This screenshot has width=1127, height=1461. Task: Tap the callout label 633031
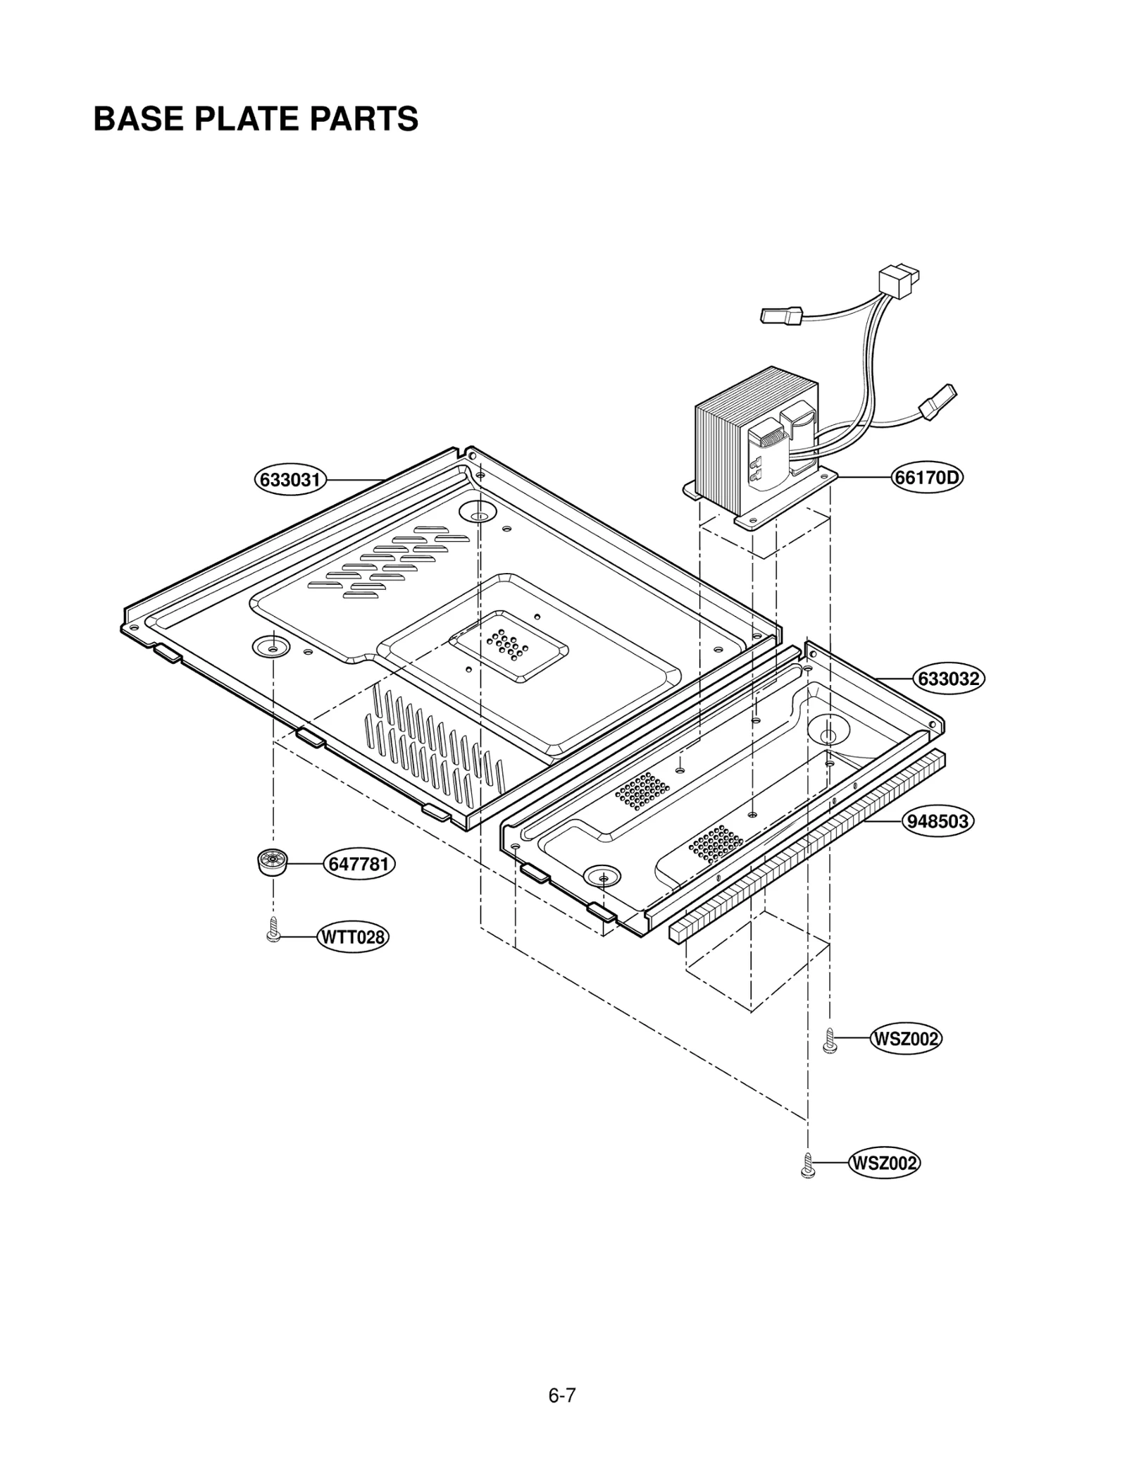click(x=290, y=480)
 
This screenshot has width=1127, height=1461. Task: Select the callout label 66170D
click(x=926, y=477)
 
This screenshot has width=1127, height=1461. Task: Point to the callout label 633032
click(x=949, y=678)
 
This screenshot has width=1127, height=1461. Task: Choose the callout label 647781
click(x=359, y=863)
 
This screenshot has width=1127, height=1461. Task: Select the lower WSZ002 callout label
click(x=885, y=1163)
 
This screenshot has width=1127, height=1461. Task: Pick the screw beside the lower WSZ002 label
click(x=808, y=1165)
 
